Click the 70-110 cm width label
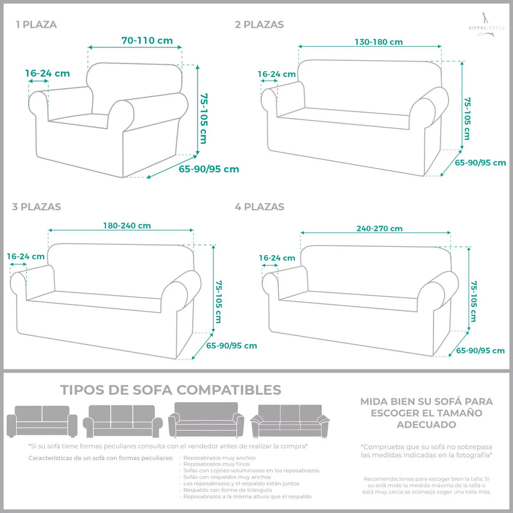[x=147, y=40]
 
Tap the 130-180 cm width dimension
[x=378, y=42]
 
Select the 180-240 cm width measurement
[x=127, y=225]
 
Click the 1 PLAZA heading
[x=36, y=25]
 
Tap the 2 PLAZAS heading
[x=259, y=25]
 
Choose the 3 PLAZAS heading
[x=37, y=206]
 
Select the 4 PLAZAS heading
[x=259, y=206]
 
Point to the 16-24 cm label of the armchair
[x=47, y=73]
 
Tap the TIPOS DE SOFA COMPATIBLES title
[x=171, y=390]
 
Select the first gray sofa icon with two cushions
[x=42, y=421]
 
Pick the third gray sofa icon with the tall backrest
[x=206, y=420]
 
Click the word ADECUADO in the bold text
[x=426, y=425]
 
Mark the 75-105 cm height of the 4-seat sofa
[x=474, y=301]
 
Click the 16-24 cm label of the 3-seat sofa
[x=26, y=256]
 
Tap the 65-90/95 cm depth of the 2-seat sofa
[x=480, y=163]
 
